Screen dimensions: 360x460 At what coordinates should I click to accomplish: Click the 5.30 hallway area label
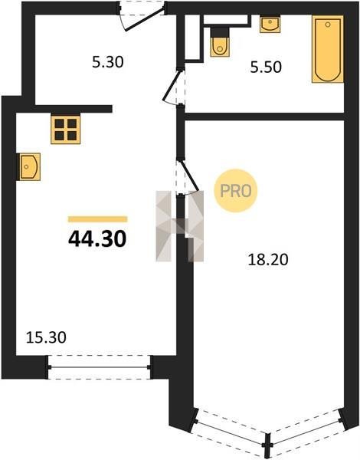pyautogui.click(x=108, y=62)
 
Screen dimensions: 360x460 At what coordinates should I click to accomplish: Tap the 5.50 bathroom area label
pyautogui.click(x=266, y=67)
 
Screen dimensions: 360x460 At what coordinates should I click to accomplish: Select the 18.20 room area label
pyautogui.click(x=268, y=260)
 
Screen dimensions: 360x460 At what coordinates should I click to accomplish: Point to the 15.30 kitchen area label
pyautogui.click(x=46, y=337)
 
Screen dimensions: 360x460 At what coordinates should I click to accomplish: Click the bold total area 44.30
pyautogui.click(x=97, y=238)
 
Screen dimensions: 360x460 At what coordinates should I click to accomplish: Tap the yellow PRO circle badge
pyautogui.click(x=236, y=191)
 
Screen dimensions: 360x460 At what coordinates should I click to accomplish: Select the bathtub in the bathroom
pyautogui.click(x=328, y=49)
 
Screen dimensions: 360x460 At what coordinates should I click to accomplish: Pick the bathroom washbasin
pyautogui.click(x=270, y=25)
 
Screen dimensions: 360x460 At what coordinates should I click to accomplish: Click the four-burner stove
pyautogui.click(x=65, y=129)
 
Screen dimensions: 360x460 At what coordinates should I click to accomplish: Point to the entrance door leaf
pyautogui.click(x=144, y=18)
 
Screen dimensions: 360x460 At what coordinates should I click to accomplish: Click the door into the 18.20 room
pyautogui.click(x=188, y=175)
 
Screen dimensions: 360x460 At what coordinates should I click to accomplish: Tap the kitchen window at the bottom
pyautogui.click(x=99, y=367)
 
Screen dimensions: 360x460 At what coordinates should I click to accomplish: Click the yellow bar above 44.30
pyautogui.click(x=97, y=219)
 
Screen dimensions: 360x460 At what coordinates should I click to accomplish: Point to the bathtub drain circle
pyautogui.click(x=328, y=25)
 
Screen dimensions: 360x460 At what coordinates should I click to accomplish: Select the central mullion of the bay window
pyautogui.click(x=267, y=445)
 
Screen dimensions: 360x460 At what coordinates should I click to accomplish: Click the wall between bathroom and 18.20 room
pyautogui.click(x=264, y=117)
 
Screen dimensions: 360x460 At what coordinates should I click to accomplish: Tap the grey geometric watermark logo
pyautogui.click(x=180, y=226)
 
